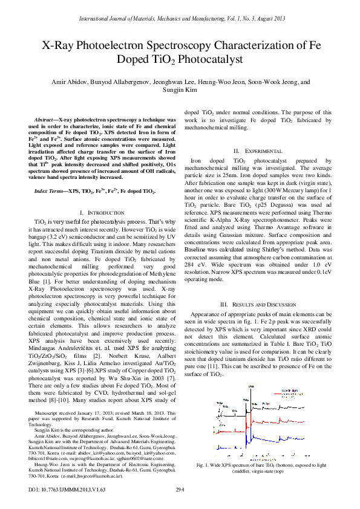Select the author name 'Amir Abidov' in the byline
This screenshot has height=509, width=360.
coord(68,82)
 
